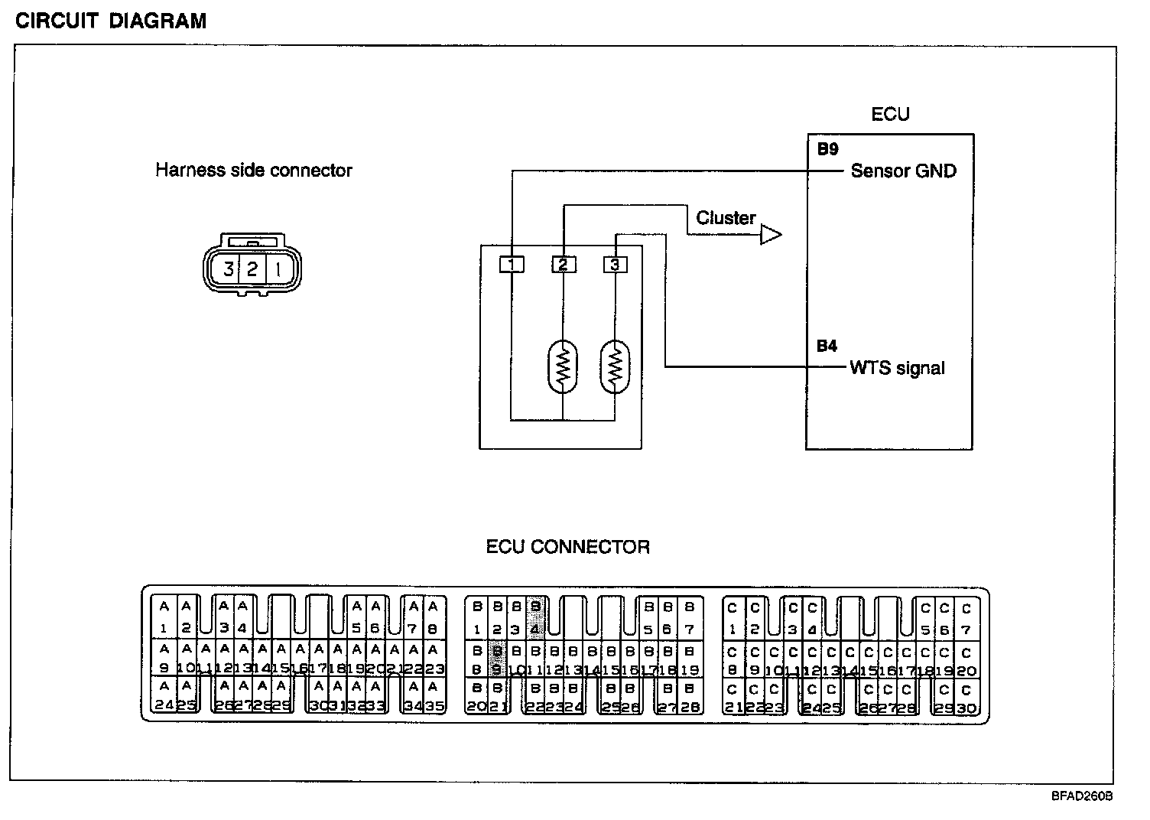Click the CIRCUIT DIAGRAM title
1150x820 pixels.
click(x=111, y=21)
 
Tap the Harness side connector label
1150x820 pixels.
click(x=253, y=170)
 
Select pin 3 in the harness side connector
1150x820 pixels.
click(x=228, y=268)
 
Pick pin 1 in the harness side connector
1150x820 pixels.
click(x=278, y=268)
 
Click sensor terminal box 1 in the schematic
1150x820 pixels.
click(x=512, y=265)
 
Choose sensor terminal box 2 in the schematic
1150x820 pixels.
click(x=564, y=265)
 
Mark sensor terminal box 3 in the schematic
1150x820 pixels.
click(x=615, y=265)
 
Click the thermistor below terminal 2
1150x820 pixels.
click(x=564, y=367)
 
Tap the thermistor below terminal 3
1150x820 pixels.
click(x=615, y=367)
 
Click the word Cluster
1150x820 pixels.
click(x=726, y=218)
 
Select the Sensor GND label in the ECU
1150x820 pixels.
click(x=903, y=171)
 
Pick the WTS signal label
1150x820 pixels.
click(x=897, y=368)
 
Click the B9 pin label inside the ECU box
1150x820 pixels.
click(x=827, y=150)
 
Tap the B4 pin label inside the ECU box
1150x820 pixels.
click(x=827, y=347)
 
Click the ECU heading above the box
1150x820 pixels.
click(x=890, y=115)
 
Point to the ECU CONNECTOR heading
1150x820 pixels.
click(x=567, y=547)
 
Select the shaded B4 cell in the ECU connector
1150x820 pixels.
click(x=535, y=617)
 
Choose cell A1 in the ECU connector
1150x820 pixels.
click(x=163, y=617)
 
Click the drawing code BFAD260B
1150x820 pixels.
click(x=1081, y=796)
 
